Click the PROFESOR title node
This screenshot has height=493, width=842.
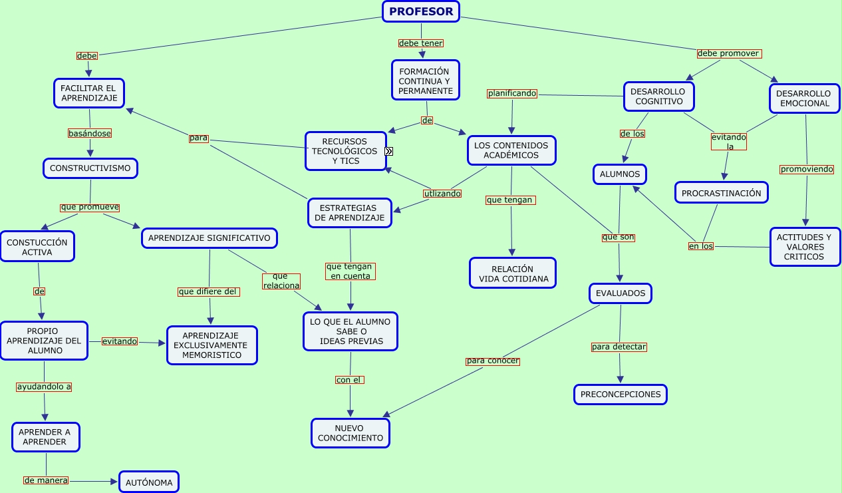click(x=421, y=12)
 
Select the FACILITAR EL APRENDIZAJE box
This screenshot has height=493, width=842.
click(x=89, y=93)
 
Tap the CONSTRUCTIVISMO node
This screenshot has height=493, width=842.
click(x=90, y=168)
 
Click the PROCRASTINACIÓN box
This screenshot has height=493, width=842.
click(x=722, y=193)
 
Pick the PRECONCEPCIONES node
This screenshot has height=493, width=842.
click(x=621, y=395)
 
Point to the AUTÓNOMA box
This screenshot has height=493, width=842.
click(x=149, y=482)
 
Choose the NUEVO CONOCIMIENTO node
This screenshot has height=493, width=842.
click(x=351, y=433)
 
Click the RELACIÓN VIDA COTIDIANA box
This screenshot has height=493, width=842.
click(x=513, y=273)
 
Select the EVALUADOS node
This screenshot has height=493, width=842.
click(x=621, y=293)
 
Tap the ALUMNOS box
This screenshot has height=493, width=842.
click(x=620, y=174)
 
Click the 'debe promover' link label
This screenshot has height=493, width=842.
click(x=729, y=54)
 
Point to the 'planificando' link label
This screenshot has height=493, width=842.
click(x=512, y=93)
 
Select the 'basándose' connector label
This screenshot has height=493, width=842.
click(x=90, y=133)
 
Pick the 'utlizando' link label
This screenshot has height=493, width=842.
click(x=442, y=194)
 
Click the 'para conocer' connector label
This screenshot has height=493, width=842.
click(x=492, y=361)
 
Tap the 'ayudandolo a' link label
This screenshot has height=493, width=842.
click(x=44, y=387)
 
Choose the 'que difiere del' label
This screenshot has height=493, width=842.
click(x=209, y=292)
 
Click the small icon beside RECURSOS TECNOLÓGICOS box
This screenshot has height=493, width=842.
click(x=388, y=151)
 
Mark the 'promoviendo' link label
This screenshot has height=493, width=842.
click(x=807, y=169)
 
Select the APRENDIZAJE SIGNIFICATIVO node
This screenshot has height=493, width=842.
click(x=210, y=238)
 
